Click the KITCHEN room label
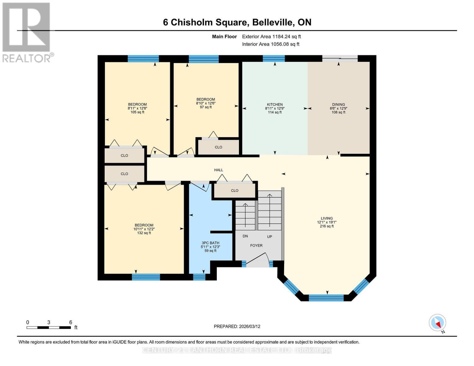coord(275,104)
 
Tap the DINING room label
coord(338,104)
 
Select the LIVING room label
coord(327,218)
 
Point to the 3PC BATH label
coord(210,243)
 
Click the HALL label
coord(219,170)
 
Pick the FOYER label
coord(256,246)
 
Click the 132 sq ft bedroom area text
coord(144,233)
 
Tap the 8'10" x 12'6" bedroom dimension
coord(206,103)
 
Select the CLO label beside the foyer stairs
coord(234,191)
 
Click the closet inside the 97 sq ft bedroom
coord(219,147)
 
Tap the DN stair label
coord(245,236)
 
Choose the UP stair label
coord(270,237)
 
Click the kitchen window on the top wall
coord(274,59)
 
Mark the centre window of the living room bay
coord(326,298)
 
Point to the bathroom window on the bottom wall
coord(199,277)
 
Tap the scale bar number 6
coord(71,322)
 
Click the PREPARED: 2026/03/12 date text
coord(237,326)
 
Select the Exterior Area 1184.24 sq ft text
coord(271,37)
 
